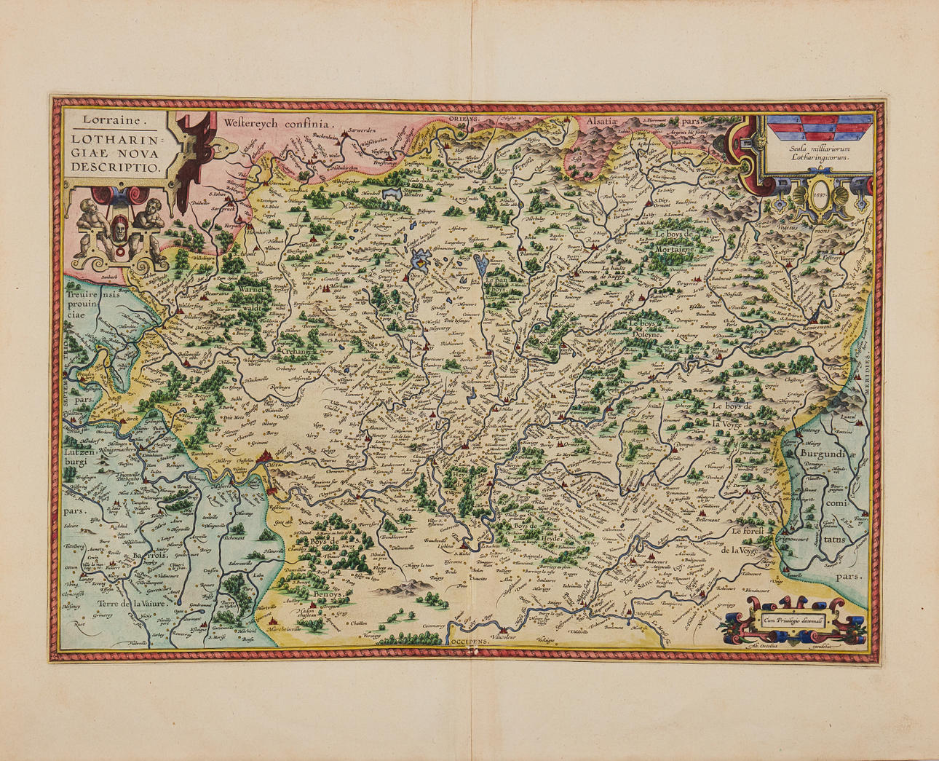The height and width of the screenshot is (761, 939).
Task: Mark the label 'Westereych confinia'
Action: coord(277,125)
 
